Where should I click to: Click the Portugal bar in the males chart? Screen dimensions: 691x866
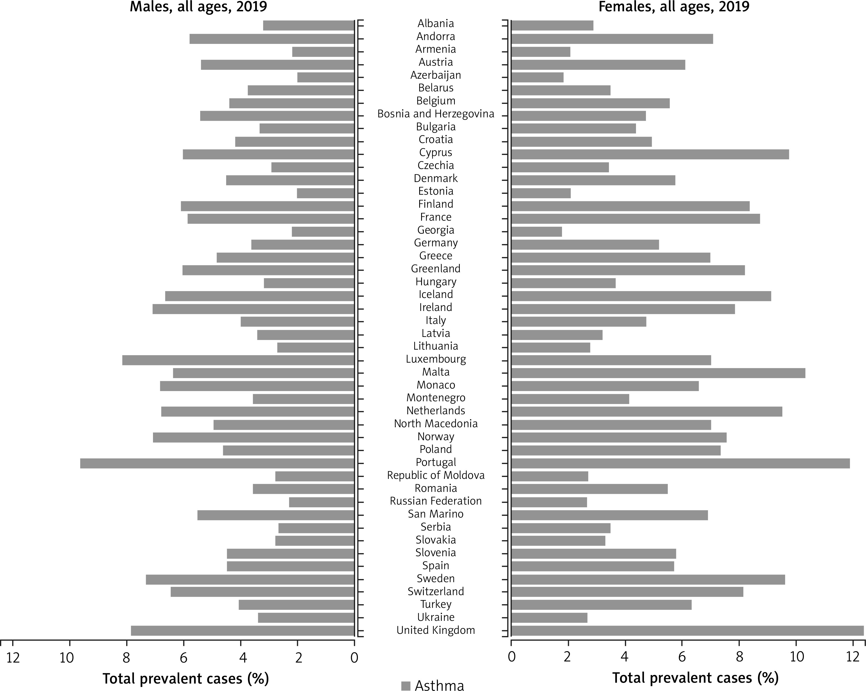point(217,463)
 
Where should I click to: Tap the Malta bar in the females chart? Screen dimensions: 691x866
point(658,373)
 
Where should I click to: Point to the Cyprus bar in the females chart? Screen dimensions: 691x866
point(650,154)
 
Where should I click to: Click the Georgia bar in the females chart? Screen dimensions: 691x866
point(536,232)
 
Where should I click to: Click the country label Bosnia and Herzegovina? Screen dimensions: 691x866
point(436,114)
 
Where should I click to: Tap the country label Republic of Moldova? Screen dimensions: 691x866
point(436,475)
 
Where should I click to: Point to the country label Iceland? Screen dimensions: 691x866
point(436,294)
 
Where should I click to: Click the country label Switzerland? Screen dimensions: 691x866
point(436,591)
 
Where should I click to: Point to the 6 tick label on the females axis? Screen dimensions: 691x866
point(682,657)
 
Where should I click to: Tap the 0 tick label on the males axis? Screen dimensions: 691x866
point(354,657)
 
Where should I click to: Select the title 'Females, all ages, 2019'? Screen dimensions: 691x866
point(674,7)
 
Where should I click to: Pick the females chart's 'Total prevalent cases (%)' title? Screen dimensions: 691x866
point(695,678)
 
